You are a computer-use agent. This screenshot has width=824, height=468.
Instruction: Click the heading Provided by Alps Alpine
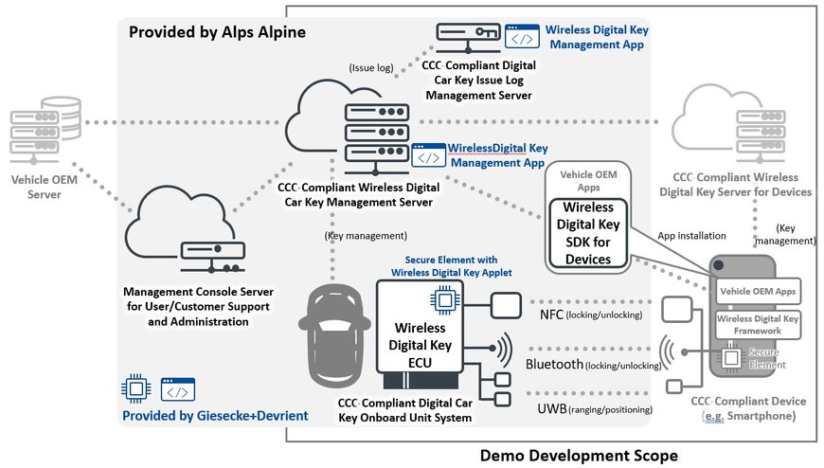coord(217,32)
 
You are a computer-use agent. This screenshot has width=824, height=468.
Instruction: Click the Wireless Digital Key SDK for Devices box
coord(588,233)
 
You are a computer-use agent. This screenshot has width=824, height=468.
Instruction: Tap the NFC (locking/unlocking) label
coord(590,314)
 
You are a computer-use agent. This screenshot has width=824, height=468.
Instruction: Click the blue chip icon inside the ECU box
coord(443,301)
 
